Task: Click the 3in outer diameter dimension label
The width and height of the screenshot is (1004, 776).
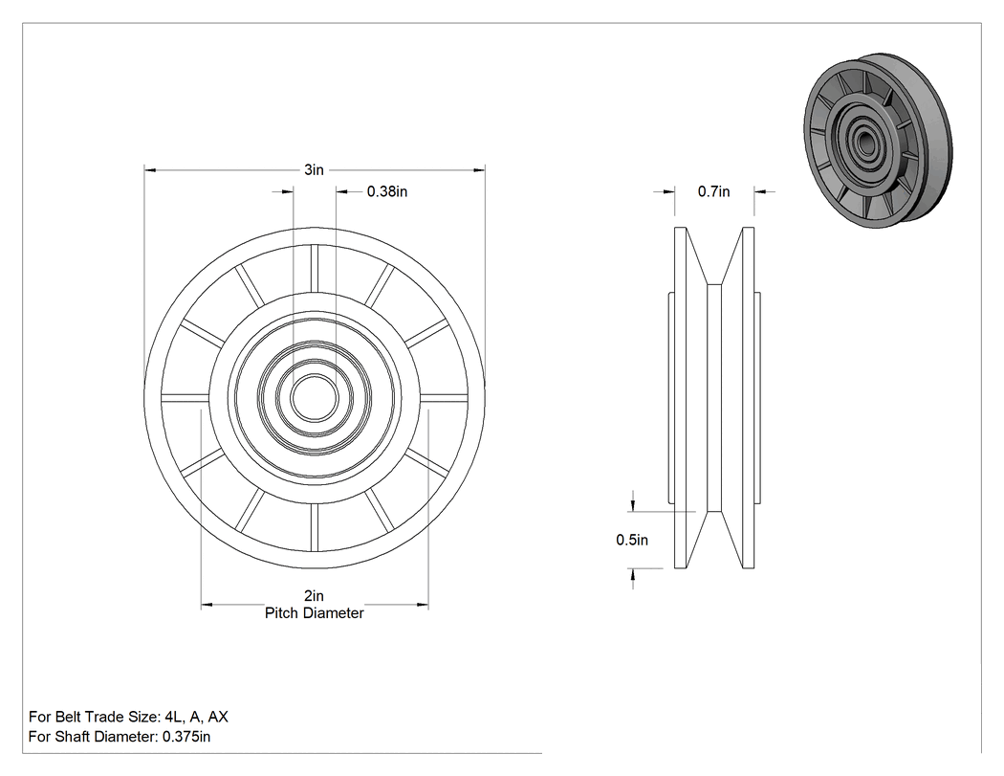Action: (x=314, y=169)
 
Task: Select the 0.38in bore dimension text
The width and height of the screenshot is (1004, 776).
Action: (x=386, y=191)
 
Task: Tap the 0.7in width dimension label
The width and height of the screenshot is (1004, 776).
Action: (x=714, y=191)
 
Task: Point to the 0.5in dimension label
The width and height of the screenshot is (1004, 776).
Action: (x=632, y=541)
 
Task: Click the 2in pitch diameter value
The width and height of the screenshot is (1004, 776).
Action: (x=314, y=596)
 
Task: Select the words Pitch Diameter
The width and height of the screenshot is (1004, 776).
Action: (x=315, y=613)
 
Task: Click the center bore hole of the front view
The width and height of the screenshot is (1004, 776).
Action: (x=315, y=397)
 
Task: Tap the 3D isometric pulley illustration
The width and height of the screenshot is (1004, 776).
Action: (x=878, y=141)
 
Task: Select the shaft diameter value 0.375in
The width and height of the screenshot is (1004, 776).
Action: (x=186, y=736)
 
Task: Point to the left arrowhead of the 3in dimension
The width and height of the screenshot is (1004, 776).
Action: (x=150, y=169)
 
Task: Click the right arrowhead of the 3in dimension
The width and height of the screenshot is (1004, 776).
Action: (x=479, y=169)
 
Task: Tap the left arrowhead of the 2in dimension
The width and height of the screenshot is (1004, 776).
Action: (x=207, y=605)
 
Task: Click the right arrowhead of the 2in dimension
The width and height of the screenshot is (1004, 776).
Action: (x=423, y=605)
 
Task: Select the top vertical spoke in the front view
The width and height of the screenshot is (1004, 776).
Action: (x=315, y=268)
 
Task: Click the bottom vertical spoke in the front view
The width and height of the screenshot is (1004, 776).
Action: (x=315, y=527)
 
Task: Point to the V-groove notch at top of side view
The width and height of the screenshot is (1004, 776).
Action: (x=714, y=256)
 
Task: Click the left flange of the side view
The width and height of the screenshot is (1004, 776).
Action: (x=681, y=397)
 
